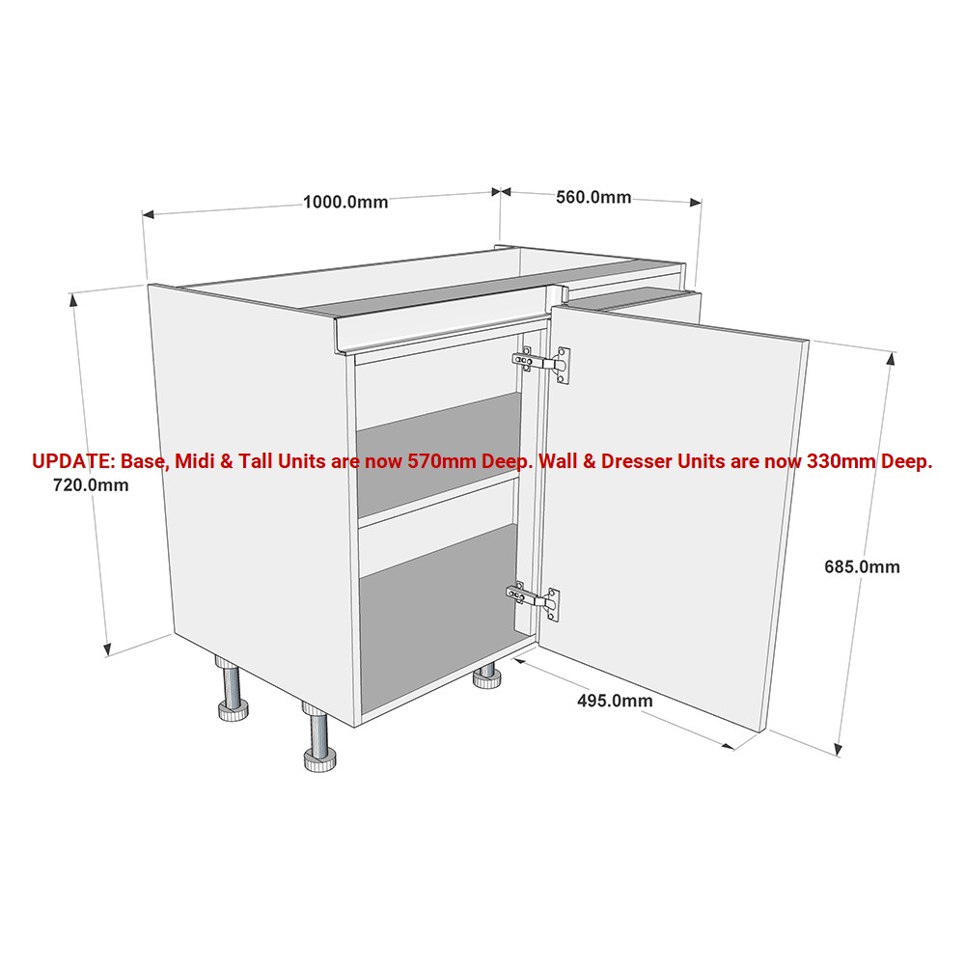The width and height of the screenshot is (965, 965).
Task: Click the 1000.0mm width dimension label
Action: (x=345, y=202)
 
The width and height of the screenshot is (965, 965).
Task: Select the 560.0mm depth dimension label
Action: (x=593, y=197)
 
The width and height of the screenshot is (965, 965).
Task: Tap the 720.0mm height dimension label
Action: (x=91, y=485)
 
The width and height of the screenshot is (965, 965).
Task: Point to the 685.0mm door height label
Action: (x=862, y=566)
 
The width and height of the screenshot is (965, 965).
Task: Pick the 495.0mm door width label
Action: (x=615, y=701)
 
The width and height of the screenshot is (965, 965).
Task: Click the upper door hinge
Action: (x=541, y=363)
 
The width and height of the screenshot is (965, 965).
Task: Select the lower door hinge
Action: (x=533, y=600)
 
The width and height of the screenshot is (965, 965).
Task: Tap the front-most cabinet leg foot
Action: (x=319, y=760)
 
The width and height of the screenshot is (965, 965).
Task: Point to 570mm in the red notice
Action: (x=442, y=461)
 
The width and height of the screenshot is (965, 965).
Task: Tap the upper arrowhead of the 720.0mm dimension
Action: (x=74, y=300)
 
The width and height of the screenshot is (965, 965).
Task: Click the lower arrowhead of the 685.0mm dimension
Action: (x=838, y=748)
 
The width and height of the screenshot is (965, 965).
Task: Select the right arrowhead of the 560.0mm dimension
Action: (x=696, y=202)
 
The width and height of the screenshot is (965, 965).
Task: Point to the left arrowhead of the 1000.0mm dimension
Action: (x=149, y=214)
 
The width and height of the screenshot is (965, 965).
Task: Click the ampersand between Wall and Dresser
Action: (x=590, y=461)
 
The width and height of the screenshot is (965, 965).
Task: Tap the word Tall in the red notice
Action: (x=256, y=461)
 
